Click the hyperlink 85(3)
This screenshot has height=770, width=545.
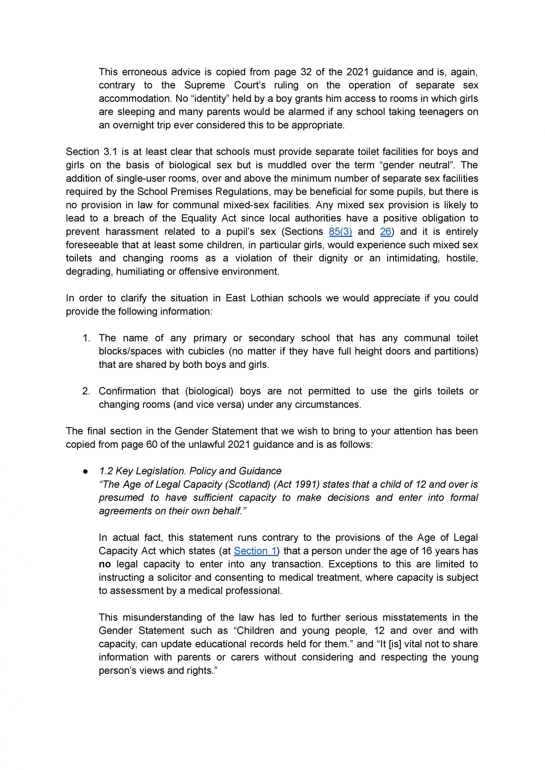click(x=340, y=232)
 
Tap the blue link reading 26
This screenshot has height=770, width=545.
click(x=386, y=232)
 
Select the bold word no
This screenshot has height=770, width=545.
click(x=105, y=564)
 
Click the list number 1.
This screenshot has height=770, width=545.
click(x=86, y=338)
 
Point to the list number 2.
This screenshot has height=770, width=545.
click(x=86, y=391)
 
